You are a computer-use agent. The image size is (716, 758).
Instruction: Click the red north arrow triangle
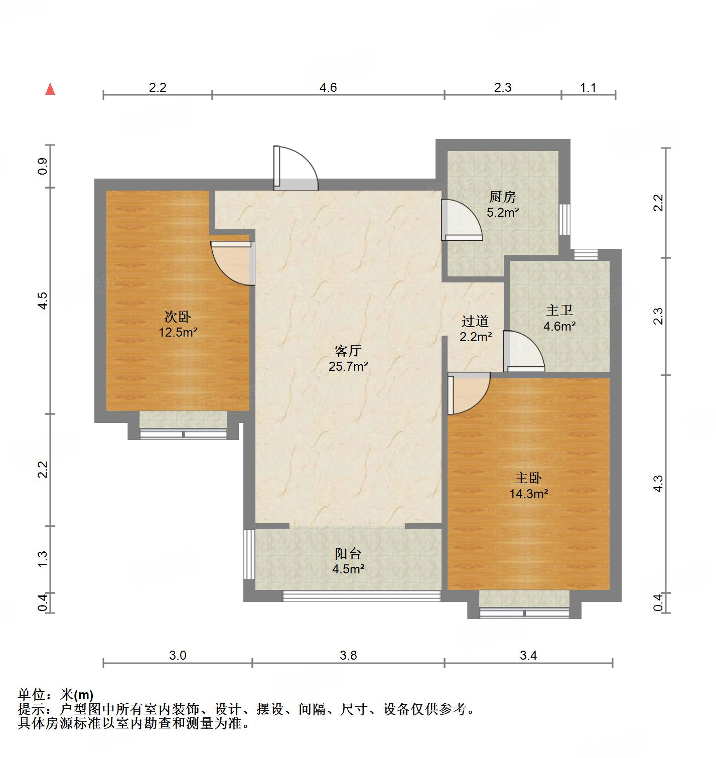coord(50,89)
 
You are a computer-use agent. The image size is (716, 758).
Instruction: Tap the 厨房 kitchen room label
coord(502,197)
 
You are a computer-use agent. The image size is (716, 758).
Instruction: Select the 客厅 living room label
coord(348,350)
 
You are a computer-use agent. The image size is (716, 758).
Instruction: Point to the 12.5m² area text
coord(178,332)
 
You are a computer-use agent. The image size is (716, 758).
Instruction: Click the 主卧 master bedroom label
coord(528,478)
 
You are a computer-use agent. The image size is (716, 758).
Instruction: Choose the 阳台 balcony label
coord(348,554)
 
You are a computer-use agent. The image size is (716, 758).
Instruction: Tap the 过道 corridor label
coord(475,321)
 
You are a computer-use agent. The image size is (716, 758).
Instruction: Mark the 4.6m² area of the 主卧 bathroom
coord(559,327)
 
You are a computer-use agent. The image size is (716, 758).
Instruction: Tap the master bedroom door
coord(468,393)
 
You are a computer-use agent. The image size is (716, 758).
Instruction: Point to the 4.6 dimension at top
coord(328,87)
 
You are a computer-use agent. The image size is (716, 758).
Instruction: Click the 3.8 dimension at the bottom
coord(348,655)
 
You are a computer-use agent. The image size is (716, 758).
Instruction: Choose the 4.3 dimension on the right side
coord(658,484)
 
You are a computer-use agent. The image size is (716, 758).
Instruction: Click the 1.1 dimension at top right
coord(588,87)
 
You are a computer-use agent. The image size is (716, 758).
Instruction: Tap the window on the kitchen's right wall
coord(565,219)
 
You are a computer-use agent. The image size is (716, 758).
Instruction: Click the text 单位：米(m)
coord(56,695)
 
